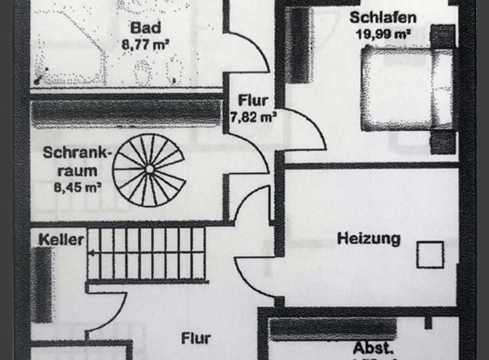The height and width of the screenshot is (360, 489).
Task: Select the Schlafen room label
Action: tap(383, 18)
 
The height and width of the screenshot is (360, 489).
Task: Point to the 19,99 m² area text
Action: tap(383, 33)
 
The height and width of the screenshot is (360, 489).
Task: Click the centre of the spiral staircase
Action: tap(149, 168)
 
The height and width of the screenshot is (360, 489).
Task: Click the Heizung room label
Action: tap(369, 239)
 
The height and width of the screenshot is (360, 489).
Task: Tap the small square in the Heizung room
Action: tap(430, 255)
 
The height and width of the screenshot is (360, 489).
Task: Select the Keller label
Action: tap(61, 240)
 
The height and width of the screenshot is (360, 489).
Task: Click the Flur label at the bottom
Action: tap(196, 338)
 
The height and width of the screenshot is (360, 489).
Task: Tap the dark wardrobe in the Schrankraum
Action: tap(126, 113)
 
